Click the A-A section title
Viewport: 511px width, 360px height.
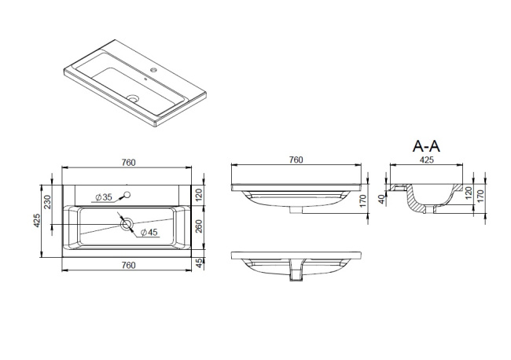pos(426,146)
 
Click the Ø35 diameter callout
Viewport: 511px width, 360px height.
pos(104,197)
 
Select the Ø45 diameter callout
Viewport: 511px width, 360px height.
pos(149,233)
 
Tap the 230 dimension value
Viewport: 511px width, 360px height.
pos(48,202)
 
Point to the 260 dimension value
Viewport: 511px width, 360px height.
pos(199,226)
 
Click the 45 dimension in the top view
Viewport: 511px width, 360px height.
pos(199,263)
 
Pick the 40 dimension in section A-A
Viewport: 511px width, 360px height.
pos(381,199)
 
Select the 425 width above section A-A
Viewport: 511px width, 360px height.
pos(427,160)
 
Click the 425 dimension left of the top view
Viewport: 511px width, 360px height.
pos(37,221)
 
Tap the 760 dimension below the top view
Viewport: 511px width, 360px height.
pos(128,265)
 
